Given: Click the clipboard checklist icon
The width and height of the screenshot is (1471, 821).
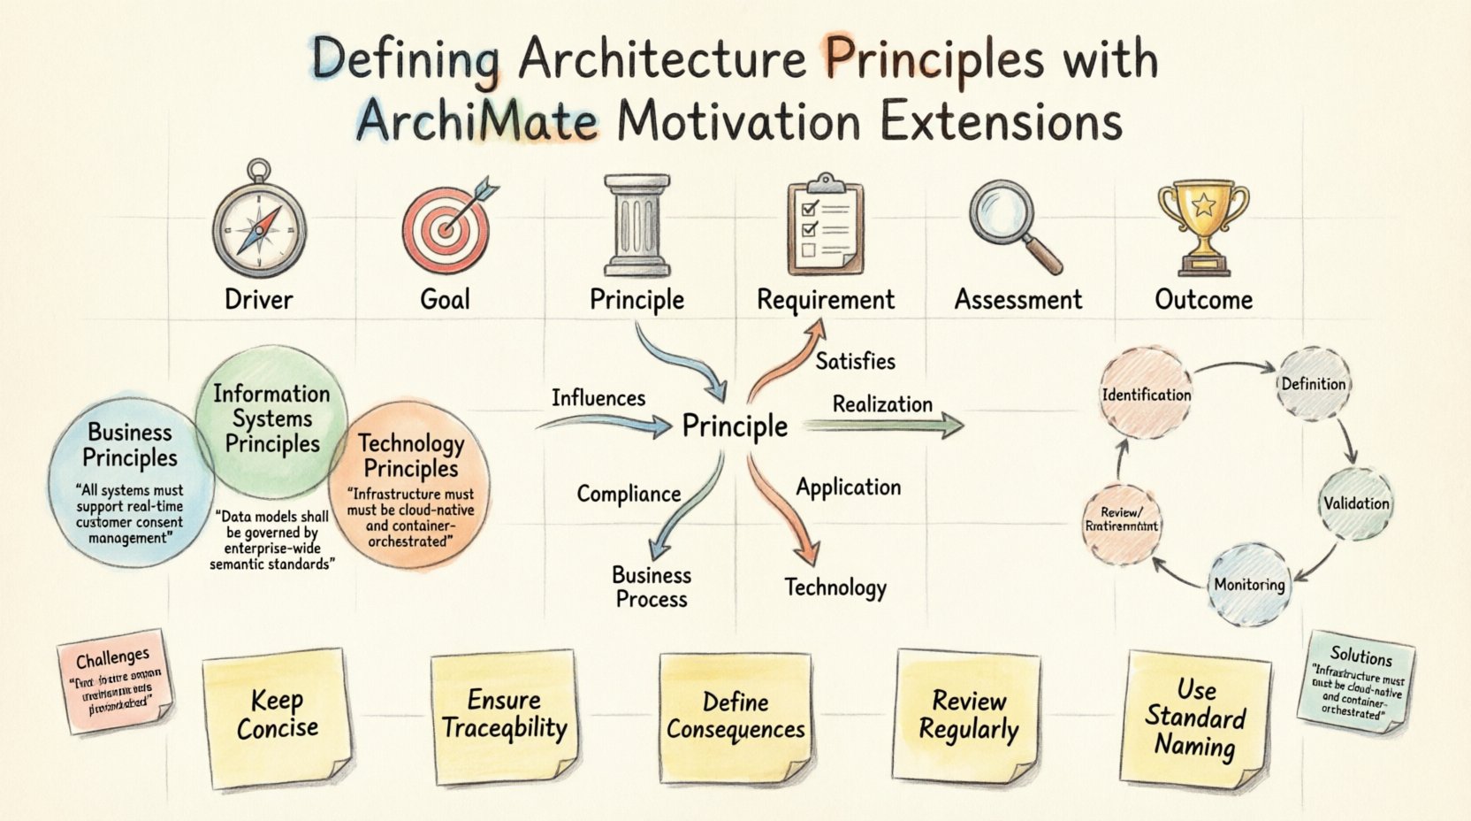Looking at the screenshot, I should tap(824, 225).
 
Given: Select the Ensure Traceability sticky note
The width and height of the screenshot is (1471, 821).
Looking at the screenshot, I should tap(504, 715).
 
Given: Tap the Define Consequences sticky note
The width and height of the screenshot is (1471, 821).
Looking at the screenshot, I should tap(735, 715).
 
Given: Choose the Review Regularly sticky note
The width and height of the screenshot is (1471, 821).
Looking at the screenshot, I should tap(968, 715).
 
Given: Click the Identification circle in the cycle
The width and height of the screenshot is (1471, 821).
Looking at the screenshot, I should tap(1146, 395).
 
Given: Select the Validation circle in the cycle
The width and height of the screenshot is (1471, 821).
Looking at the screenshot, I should tap(1355, 503).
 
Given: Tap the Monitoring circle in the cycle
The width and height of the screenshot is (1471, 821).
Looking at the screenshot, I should tap(1248, 584).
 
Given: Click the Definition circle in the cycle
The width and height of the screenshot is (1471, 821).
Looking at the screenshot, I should tap(1314, 384).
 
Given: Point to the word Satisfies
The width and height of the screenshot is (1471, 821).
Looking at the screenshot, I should tap(855, 361).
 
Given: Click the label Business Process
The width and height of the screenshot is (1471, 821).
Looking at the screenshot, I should tap(652, 587).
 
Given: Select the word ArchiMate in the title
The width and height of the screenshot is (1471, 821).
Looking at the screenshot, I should tap(476, 122).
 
